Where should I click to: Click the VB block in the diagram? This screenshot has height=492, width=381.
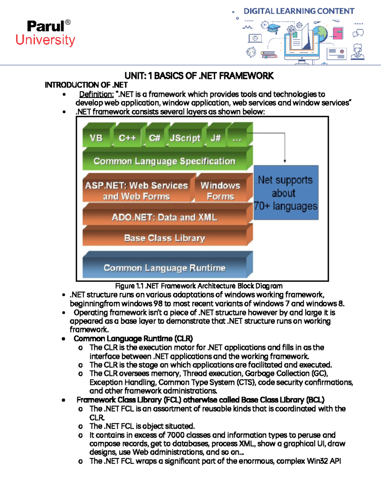click(96, 138)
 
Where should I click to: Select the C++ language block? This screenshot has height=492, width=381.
click(127, 138)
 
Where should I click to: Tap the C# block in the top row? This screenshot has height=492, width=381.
click(155, 138)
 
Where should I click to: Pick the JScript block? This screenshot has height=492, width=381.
click(185, 138)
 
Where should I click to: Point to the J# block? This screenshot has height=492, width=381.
click(216, 138)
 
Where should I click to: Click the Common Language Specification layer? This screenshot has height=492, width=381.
click(164, 161)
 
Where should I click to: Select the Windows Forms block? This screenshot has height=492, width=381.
click(221, 190)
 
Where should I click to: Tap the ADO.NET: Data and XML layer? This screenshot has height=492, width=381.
click(164, 217)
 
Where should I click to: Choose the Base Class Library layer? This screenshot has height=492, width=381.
click(164, 238)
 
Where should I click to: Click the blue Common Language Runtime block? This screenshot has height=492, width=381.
click(164, 268)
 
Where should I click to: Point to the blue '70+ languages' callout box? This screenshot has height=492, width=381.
click(286, 193)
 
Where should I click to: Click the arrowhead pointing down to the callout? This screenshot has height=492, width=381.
click(285, 161)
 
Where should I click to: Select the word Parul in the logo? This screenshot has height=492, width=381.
click(45, 26)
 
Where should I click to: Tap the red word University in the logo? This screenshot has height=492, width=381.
click(45, 40)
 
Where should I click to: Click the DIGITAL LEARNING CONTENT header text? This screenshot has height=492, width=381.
click(299, 11)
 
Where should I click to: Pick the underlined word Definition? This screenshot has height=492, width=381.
click(96, 94)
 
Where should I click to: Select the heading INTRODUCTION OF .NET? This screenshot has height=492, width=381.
click(86, 85)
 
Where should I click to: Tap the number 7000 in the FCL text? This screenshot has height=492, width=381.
click(176, 435)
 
